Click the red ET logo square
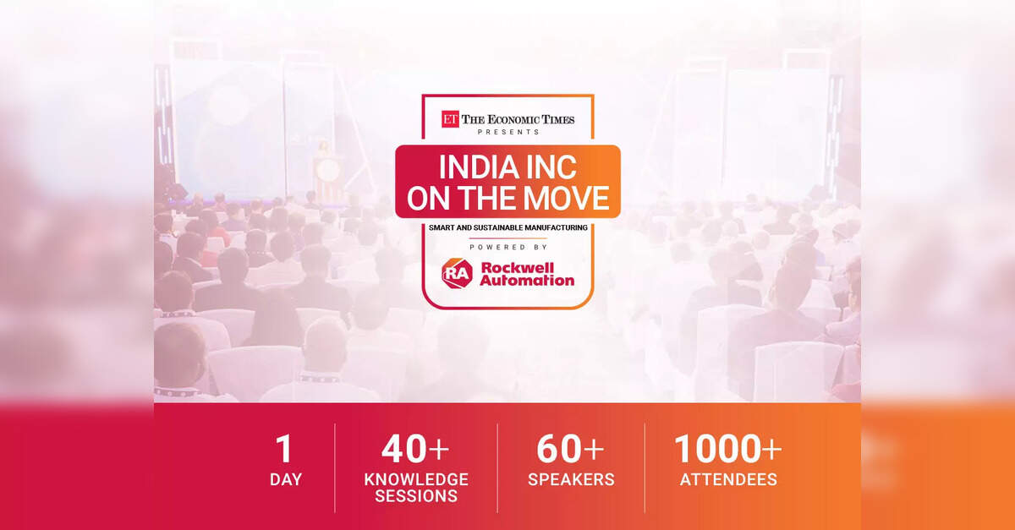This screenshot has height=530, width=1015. [x=450, y=119]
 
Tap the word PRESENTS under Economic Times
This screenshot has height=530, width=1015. [x=508, y=132]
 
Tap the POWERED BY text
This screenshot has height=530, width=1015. [x=508, y=248]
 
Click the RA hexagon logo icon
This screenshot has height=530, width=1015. [x=458, y=274]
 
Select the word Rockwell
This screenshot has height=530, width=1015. [x=518, y=267]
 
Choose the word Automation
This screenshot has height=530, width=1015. [x=527, y=281]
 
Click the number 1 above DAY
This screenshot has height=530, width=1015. [x=284, y=449]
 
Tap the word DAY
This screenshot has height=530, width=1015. [x=286, y=479]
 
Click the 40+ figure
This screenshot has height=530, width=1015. [x=415, y=449]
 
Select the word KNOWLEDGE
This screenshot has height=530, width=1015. [x=416, y=479]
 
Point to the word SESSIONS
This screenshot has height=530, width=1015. [x=416, y=496]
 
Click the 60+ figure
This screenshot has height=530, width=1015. [x=570, y=449]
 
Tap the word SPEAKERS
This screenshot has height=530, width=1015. [x=572, y=479]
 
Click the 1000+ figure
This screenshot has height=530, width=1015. [x=728, y=449]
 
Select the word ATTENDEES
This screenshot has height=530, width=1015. [x=728, y=479]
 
